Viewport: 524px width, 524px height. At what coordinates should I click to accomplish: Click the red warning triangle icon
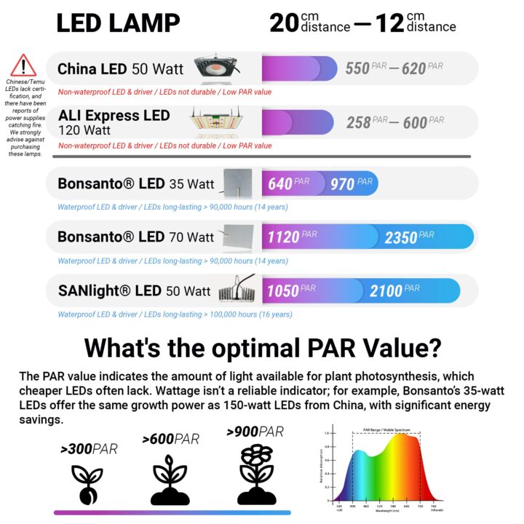pyautogui.click(x=23, y=66)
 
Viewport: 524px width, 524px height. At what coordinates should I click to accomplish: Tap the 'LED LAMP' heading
pyautogui.click(x=118, y=23)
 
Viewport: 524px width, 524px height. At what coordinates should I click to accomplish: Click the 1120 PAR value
pyautogui.click(x=291, y=237)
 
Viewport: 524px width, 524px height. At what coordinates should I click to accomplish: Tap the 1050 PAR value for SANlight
pyautogui.click(x=290, y=290)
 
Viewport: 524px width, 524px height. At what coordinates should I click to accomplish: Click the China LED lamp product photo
pyautogui.click(x=217, y=66)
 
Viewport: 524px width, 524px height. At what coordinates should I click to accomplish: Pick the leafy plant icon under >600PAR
pyautogui.click(x=170, y=479)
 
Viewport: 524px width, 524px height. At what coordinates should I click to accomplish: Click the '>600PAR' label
pyautogui.click(x=170, y=440)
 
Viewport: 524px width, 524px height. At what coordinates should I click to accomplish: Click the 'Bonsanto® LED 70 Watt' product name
pyautogui.click(x=136, y=237)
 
